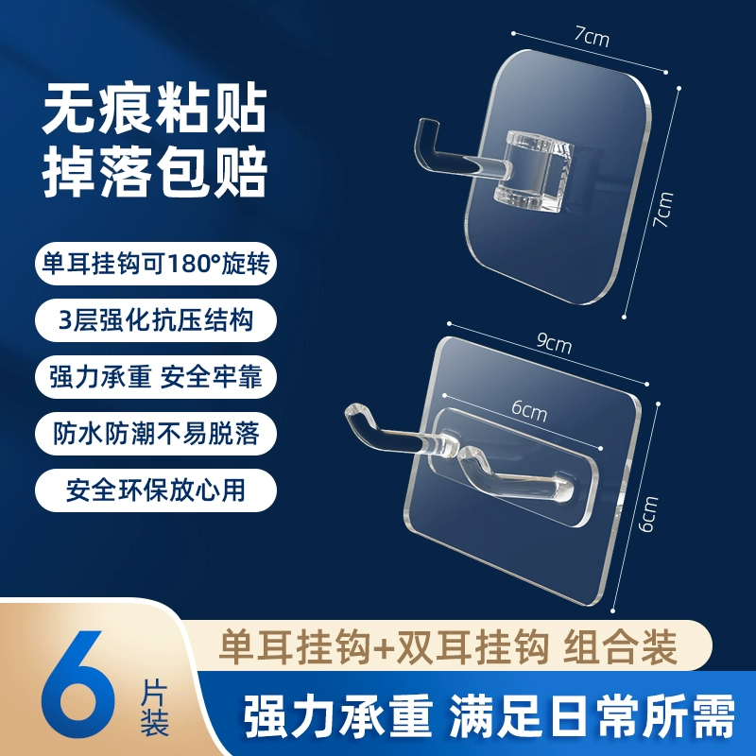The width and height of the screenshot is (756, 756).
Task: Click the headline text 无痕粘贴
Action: (155, 110)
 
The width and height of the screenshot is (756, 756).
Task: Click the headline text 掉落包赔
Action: (155, 172)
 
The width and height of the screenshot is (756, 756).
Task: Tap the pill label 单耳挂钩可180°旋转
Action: (155, 264)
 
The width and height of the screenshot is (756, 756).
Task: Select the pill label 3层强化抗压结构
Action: (155, 320)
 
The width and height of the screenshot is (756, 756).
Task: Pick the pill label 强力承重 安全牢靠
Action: (155, 376)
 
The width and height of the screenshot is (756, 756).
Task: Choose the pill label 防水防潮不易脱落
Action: (155, 433)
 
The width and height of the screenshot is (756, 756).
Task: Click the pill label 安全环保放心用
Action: (155, 490)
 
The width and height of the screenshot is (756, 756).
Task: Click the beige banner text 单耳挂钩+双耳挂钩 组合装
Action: (448, 647)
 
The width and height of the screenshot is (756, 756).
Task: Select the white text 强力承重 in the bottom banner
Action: (337, 715)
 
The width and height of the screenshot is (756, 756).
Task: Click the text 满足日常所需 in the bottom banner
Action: (593, 715)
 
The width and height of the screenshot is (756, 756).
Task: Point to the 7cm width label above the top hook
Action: (593, 37)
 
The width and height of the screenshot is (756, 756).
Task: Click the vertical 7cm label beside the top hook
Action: (663, 209)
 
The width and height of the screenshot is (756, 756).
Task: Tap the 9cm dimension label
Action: (555, 343)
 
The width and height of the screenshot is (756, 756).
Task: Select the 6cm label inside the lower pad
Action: (529, 411)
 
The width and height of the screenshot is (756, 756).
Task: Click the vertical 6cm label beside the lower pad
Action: (647, 514)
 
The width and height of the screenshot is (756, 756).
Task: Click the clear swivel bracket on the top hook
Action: (533, 172)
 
